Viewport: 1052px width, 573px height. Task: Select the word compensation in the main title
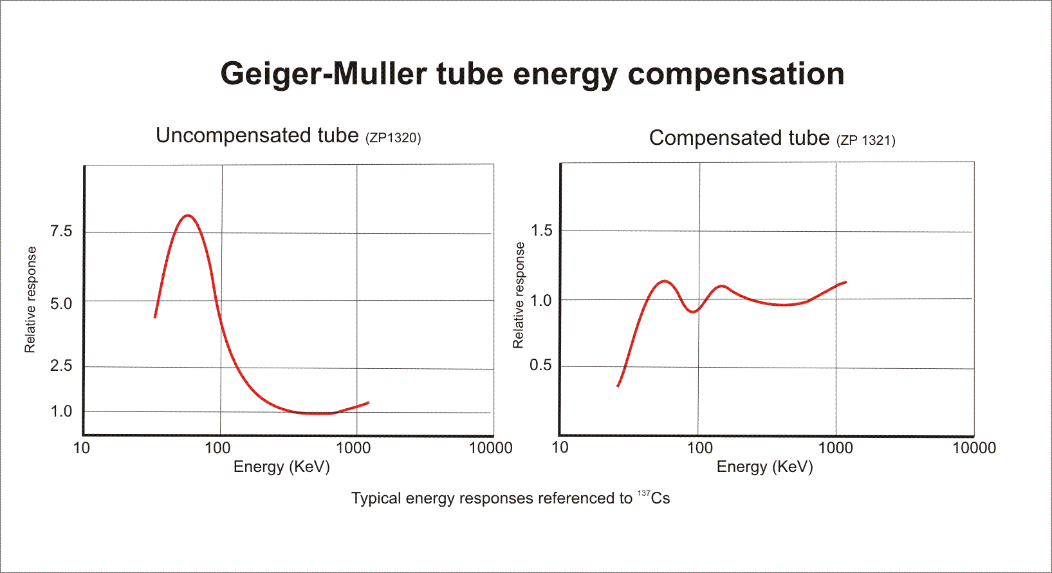(735, 75)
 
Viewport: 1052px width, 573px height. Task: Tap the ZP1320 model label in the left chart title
(393, 138)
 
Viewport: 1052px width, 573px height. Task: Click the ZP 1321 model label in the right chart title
(866, 140)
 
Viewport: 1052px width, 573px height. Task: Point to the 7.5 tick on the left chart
(61, 231)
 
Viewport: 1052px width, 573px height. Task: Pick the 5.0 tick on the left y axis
(61, 303)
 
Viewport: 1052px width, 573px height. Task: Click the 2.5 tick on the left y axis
(61, 366)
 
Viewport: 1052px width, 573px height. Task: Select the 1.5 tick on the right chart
(541, 230)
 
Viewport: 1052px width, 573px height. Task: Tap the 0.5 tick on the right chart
(540, 365)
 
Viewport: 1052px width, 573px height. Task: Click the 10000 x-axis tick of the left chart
(490, 448)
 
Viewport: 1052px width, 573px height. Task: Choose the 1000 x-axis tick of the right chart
(835, 447)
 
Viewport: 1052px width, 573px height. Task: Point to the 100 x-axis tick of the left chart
(217, 448)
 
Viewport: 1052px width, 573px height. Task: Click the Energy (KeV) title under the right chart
(764, 467)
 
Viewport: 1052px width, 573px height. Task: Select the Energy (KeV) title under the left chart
(281, 467)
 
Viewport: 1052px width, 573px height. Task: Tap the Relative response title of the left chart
(30, 300)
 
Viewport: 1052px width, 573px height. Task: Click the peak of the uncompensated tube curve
(187, 215)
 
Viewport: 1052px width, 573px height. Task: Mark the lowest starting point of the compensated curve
(618, 386)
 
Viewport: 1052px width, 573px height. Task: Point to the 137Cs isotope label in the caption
(654, 498)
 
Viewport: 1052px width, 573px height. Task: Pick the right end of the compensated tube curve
(845, 282)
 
